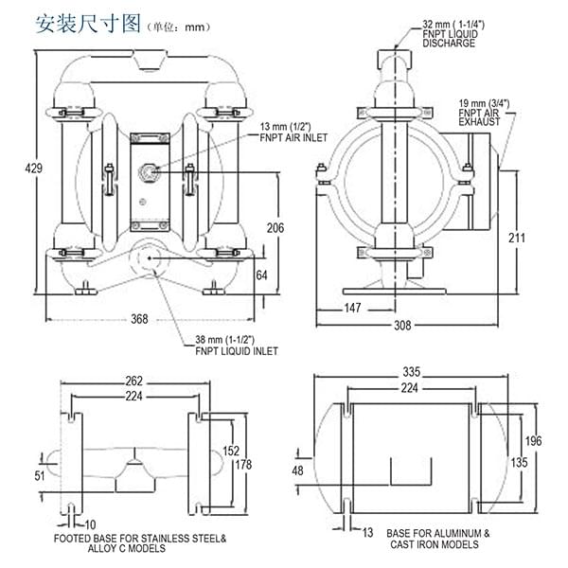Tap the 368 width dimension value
coord(138,320)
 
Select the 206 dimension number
coord(274,227)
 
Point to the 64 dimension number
coord(263,275)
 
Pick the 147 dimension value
coord(352,308)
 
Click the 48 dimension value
coord(296,470)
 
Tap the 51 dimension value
coord(39,476)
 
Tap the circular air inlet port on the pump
coord(148,172)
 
